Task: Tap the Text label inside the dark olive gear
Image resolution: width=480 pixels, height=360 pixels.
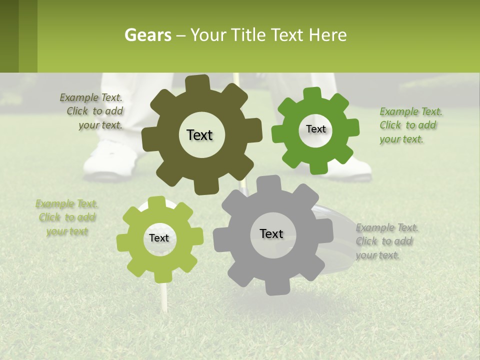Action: [x=199, y=135]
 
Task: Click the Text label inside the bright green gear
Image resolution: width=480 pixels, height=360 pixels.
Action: [x=315, y=129]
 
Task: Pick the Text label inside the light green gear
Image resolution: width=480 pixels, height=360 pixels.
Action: [x=159, y=238]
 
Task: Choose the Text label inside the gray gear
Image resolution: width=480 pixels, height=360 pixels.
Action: [x=271, y=233]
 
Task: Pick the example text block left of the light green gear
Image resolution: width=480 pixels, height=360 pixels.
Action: [x=66, y=217]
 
